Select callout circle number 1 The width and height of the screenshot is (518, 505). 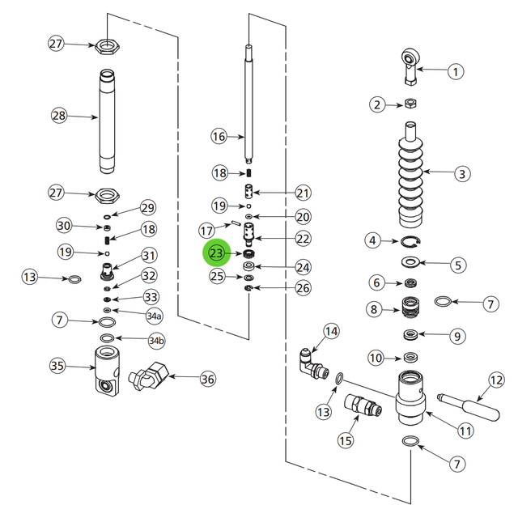coord(455,71)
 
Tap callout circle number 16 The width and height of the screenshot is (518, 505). coord(219,136)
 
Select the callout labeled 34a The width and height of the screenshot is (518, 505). coord(154,314)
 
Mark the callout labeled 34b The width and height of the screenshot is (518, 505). coord(156,341)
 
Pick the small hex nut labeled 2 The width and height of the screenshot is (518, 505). coord(410,104)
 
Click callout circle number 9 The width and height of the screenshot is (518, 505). coord(457,336)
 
